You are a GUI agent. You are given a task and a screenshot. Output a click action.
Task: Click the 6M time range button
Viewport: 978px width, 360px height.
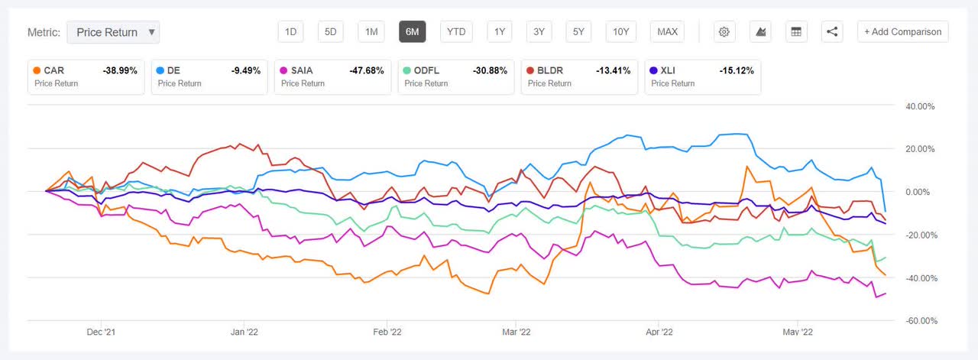pos(412,31)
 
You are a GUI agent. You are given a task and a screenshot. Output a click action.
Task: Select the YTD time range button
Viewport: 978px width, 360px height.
pos(456,31)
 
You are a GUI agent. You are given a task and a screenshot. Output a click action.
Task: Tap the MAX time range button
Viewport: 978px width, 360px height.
pos(667,31)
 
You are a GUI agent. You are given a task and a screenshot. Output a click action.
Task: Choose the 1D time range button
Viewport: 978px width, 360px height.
pos(290,31)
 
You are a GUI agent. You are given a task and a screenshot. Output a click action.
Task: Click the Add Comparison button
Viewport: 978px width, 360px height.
pos(903,31)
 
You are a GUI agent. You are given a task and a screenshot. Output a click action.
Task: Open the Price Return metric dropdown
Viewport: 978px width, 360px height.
pos(113,32)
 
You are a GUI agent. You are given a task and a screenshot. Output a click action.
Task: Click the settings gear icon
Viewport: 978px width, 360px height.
pos(724,31)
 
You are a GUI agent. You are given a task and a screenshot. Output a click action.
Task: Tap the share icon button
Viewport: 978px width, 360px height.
pos(832,31)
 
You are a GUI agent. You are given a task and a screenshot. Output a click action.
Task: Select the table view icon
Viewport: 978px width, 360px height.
pos(796,31)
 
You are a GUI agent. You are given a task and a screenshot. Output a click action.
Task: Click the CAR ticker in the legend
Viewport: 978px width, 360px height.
pos(53,70)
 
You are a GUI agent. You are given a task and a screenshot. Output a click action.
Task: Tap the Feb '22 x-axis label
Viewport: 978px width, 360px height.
pos(386,332)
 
